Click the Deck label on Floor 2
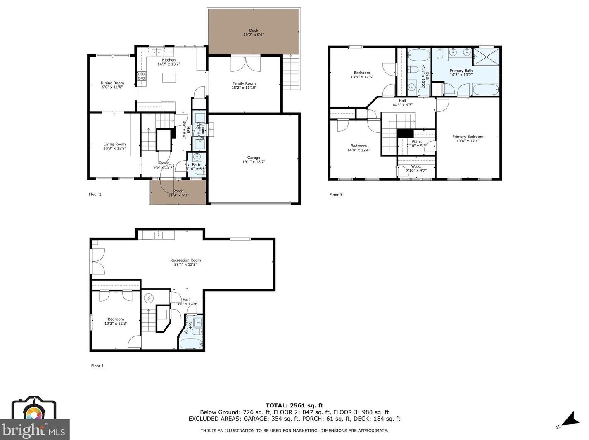(x=254, y=31)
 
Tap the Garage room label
(x=254, y=158)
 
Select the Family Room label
(x=244, y=83)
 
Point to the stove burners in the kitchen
(x=141, y=76)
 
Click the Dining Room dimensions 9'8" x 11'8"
(x=112, y=88)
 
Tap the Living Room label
(x=114, y=144)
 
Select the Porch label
(x=178, y=191)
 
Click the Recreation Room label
(x=185, y=260)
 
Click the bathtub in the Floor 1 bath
(x=191, y=343)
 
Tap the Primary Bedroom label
(x=468, y=137)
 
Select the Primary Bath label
(x=461, y=71)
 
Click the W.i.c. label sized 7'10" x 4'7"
(x=416, y=166)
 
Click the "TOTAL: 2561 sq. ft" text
(x=294, y=405)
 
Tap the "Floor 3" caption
(x=336, y=195)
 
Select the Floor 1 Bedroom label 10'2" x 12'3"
(x=116, y=319)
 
